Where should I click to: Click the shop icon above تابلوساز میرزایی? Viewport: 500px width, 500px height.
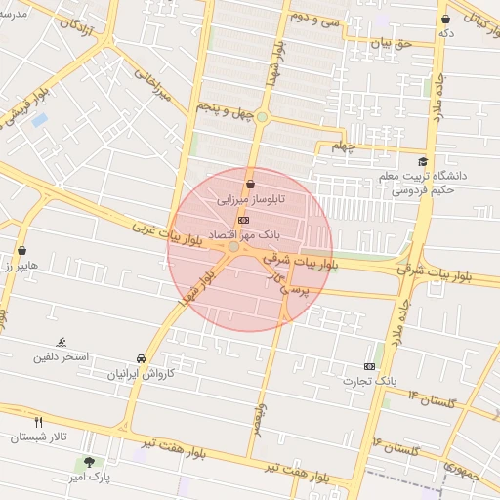point(251,183)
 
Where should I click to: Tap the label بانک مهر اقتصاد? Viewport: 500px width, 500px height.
point(249,235)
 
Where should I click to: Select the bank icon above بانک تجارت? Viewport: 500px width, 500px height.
point(369,364)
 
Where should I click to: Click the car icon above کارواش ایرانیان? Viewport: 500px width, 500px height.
point(142,358)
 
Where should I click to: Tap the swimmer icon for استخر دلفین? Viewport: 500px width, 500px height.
point(62,341)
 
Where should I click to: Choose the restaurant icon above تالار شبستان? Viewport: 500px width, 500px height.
point(38,422)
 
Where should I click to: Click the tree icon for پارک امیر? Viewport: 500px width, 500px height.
point(91,462)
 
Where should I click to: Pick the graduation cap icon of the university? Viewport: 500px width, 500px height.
point(422,162)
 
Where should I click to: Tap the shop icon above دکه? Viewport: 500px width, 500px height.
point(446,19)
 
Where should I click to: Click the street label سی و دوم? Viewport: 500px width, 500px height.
point(314,17)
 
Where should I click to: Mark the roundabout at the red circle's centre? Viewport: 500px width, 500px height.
point(233,248)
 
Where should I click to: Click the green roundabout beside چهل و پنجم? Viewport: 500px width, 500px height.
point(262,117)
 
